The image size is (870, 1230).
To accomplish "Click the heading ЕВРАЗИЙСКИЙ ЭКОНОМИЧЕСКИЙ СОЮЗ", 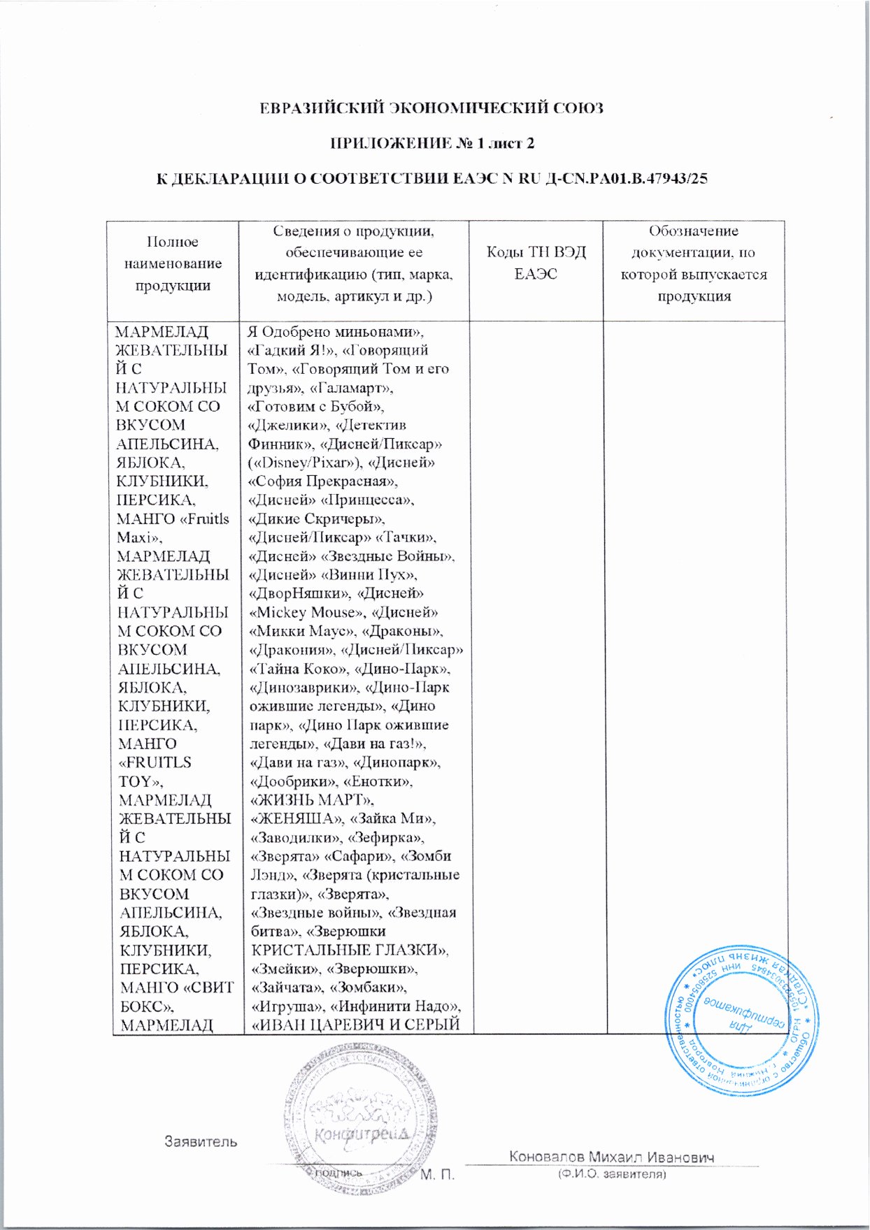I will [432, 108].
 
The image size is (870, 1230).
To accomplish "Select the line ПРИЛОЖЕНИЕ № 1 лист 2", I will [432, 143].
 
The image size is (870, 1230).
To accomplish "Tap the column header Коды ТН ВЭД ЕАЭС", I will [536, 263].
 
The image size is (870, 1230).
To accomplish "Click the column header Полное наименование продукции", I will [173, 263].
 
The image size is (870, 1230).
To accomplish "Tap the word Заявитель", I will [201, 1142].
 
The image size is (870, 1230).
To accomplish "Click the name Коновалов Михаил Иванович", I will [612, 1157].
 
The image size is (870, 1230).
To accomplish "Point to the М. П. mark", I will [438, 1175].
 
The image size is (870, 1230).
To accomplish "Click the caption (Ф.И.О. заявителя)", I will [612, 1175].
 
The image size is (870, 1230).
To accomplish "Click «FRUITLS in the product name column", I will [155, 762].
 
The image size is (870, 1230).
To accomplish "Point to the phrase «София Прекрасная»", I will [324, 482].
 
